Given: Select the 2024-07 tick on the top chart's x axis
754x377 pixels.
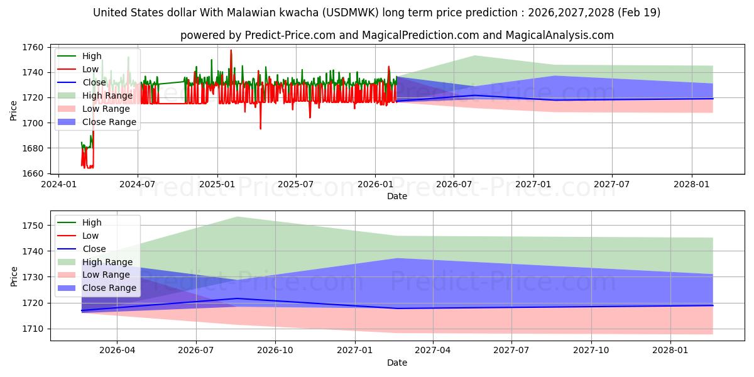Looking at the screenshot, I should point(138,184).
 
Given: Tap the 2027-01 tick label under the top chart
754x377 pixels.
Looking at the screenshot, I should point(533,184).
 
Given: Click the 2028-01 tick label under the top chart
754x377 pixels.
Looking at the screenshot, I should point(691,184).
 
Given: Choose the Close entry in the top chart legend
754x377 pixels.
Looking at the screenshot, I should point(94,82).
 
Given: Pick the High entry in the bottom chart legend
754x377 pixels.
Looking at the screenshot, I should point(91,222).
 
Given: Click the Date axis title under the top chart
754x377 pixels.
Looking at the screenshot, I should point(397,196).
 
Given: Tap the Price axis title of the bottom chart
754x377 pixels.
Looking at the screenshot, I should point(14,276).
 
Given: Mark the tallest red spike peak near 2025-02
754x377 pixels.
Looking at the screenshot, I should point(231,50).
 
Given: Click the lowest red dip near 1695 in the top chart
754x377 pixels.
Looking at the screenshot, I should point(260,129).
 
